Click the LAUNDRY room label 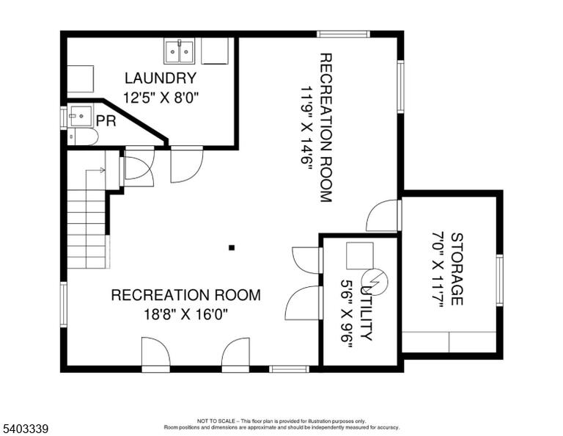tap(161, 78)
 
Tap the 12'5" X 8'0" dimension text tap(161, 98)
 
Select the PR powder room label tap(106, 121)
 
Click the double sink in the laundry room tap(179, 51)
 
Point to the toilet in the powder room tap(84, 137)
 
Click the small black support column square tap(232, 247)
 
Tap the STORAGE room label tap(457, 269)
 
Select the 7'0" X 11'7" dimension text tap(438, 269)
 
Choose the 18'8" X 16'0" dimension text tap(186, 314)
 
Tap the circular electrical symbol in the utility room tap(375, 280)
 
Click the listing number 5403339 tap(26, 429)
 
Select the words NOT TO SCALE tap(216, 421)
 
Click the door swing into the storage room tap(381, 216)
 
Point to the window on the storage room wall tap(499, 280)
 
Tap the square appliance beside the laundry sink tap(215, 51)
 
